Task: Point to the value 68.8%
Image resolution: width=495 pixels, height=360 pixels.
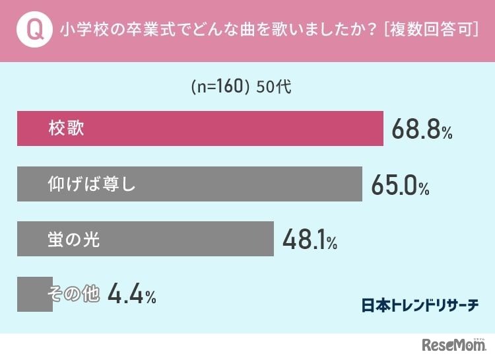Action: [x=422, y=129]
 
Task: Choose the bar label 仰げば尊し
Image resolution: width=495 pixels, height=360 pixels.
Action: [x=92, y=184]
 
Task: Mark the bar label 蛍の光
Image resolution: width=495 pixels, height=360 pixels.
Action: [x=74, y=239]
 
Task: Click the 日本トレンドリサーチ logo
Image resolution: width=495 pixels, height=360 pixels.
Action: [x=420, y=305]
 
